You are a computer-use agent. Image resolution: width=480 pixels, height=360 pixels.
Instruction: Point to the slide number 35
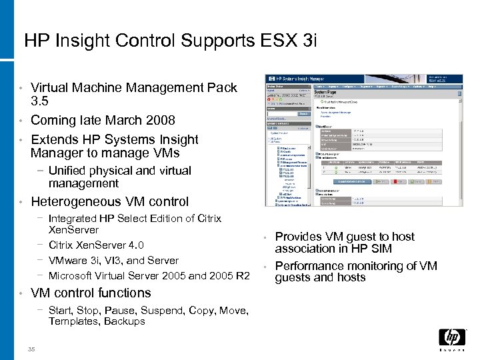click(31, 349)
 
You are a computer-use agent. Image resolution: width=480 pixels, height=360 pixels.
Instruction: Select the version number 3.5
click(39, 101)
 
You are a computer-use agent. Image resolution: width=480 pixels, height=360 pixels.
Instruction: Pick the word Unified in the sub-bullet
click(67, 171)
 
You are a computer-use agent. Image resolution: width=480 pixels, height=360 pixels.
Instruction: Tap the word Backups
click(125, 321)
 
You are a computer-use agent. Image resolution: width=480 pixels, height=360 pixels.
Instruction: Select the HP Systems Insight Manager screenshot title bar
click(363, 79)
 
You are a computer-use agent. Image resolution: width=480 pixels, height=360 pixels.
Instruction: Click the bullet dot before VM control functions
click(21, 293)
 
